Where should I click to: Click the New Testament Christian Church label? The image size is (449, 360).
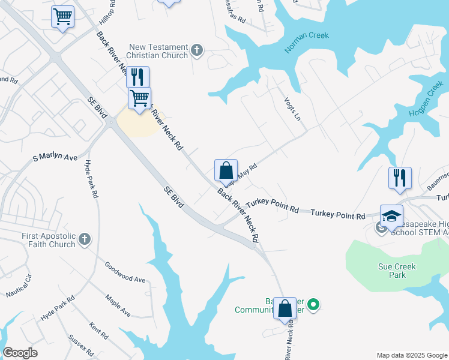[158, 51]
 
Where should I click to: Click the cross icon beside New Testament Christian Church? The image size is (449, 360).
[197, 51]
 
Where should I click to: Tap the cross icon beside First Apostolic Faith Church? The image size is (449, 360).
[84, 239]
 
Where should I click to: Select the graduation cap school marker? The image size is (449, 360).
[391, 215]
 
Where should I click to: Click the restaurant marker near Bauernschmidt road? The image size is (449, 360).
[400, 177]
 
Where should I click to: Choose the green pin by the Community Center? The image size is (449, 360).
[313, 305]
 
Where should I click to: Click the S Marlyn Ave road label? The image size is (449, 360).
[55, 158]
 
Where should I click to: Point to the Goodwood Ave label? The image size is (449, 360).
[125, 272]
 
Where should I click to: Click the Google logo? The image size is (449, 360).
[20, 353]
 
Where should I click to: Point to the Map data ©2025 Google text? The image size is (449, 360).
[411, 355]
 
